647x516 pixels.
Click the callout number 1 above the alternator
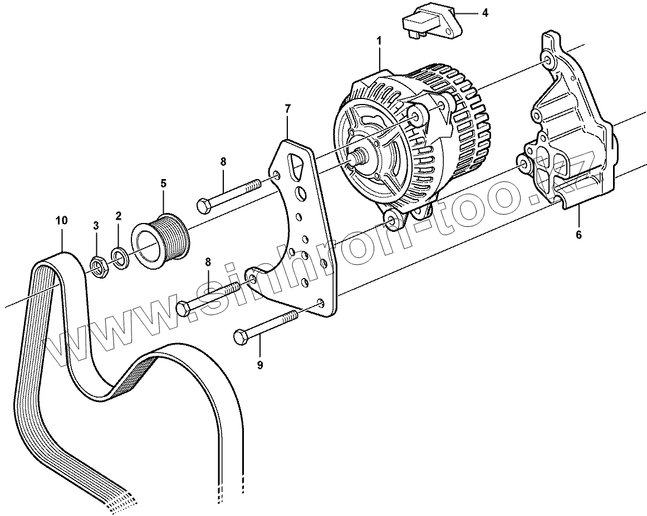379,41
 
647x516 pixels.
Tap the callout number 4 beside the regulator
485,13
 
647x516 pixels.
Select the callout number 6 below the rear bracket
579,235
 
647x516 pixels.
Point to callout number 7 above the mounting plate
287,108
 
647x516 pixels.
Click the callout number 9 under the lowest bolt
259,365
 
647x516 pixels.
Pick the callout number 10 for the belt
61,220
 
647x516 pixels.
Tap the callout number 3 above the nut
96,226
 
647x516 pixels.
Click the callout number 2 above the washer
118,215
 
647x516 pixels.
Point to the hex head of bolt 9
240,336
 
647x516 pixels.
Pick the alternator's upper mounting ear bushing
416,115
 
